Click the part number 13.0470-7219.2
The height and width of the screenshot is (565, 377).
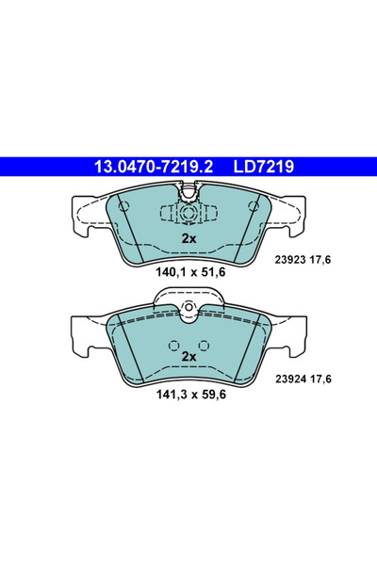[x=153, y=167]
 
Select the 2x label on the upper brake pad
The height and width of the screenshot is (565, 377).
[x=188, y=239]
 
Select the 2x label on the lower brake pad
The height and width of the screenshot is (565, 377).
[x=188, y=357]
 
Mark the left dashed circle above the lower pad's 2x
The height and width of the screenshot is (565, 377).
[x=175, y=344]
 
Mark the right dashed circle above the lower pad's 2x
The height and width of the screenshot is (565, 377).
[x=202, y=344]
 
